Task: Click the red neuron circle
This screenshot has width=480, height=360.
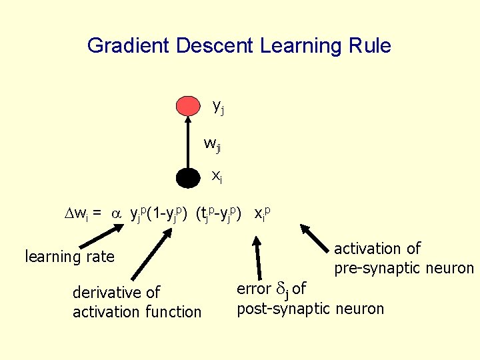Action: pos(188,105)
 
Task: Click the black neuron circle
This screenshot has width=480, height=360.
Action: pos(188,177)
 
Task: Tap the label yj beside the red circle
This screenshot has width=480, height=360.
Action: pos(218,106)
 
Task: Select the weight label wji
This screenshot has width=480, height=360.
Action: pos(213,143)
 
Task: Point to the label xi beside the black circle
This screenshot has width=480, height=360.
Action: pos(217,176)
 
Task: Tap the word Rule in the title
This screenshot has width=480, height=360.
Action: pos(371,46)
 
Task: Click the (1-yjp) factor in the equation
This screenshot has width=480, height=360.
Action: pos(169,213)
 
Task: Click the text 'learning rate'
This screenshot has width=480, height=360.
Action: pos(69,257)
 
